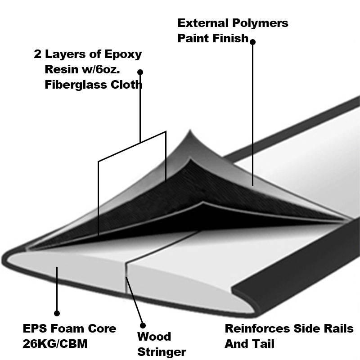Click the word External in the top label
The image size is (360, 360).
203,23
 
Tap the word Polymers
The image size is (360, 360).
260,24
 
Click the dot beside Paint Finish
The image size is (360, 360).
252,42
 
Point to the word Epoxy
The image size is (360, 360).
123,54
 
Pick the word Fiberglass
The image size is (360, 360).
76,85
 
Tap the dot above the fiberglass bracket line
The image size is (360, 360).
140,72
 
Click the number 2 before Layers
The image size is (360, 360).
37,54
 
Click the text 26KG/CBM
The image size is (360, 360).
55,344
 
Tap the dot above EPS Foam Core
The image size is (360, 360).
57,313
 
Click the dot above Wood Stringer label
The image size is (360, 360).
143,325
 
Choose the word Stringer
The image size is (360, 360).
162,352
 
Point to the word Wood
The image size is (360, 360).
154,337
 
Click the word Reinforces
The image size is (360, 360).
257,328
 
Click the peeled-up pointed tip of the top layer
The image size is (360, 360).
190,130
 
